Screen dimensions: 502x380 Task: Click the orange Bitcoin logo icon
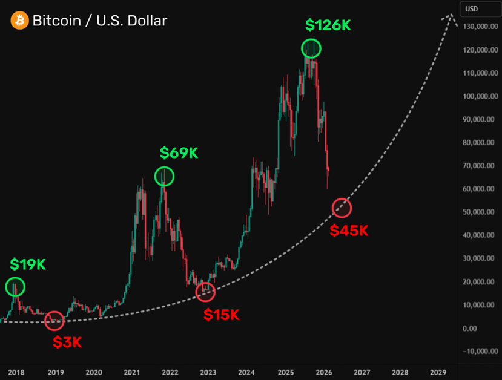19,21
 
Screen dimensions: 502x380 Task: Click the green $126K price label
328,25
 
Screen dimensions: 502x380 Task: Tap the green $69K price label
179,152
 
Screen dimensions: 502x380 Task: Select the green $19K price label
27,264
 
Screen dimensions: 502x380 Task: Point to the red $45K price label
349,231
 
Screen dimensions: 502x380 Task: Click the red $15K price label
221,315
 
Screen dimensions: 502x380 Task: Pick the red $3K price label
67,342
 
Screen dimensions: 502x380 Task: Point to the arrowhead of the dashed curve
451,15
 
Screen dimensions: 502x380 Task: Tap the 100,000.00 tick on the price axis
480,96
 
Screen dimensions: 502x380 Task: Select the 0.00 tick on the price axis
470,329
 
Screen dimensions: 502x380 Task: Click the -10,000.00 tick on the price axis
480,351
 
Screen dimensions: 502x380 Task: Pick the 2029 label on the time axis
438,372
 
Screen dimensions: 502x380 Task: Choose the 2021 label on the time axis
131,372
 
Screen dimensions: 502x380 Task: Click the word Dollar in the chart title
147,21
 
